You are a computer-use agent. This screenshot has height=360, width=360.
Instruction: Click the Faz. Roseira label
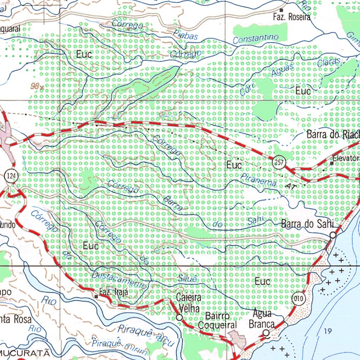[292, 17]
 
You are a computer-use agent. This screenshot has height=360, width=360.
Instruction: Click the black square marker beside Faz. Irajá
[96, 297]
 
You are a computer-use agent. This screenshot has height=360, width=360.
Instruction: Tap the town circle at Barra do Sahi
[333, 235]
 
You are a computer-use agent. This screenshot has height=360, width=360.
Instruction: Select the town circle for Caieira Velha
[179, 317]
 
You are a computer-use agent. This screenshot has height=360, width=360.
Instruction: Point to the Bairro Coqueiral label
[217, 320]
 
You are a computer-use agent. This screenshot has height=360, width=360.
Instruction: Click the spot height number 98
[34, 85]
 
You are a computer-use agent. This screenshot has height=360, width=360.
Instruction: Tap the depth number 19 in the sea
[328, 330]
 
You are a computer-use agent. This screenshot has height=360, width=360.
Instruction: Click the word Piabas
[186, 34]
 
